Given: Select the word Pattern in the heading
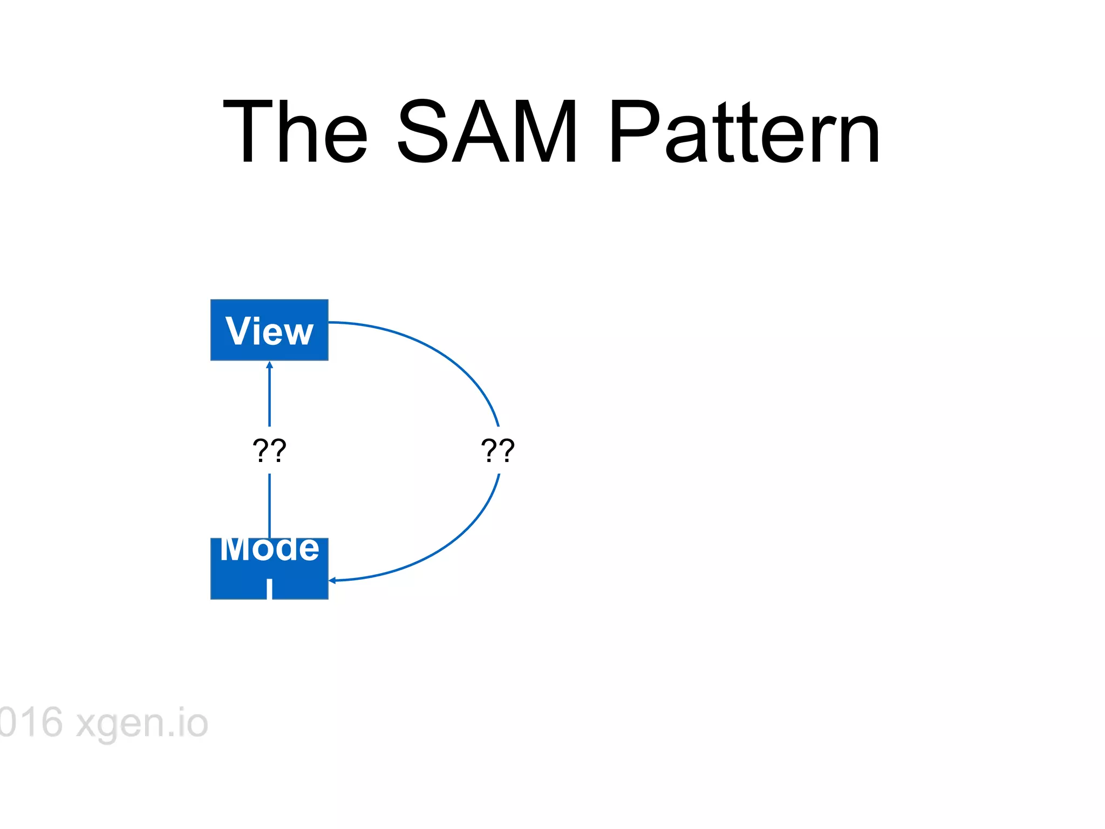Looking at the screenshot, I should coord(745,132).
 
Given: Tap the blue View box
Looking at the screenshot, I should coord(269,330).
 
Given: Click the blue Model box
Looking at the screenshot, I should coord(269,568).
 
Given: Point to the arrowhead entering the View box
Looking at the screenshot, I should coord(270,365).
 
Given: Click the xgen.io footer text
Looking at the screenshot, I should coord(142,723).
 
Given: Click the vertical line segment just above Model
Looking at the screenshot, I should coord(270,506).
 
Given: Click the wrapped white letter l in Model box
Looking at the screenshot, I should coord(269,589).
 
